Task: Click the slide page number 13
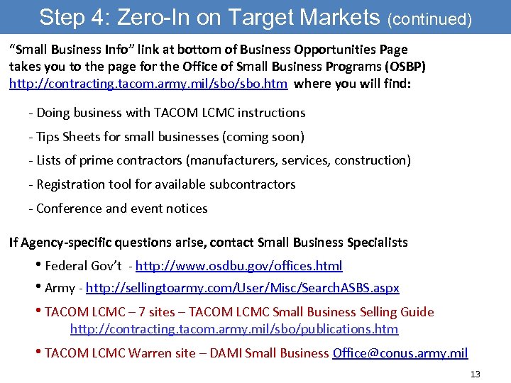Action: coord(475,374)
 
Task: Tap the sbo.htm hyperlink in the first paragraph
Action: coord(148,84)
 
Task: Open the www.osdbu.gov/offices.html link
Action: coord(238,266)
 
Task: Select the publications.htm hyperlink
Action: coord(233,329)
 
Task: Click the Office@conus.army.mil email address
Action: coord(400,353)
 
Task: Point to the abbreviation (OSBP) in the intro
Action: coord(405,67)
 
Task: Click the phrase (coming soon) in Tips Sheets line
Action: coord(267,136)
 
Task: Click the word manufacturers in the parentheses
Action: coord(236,160)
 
